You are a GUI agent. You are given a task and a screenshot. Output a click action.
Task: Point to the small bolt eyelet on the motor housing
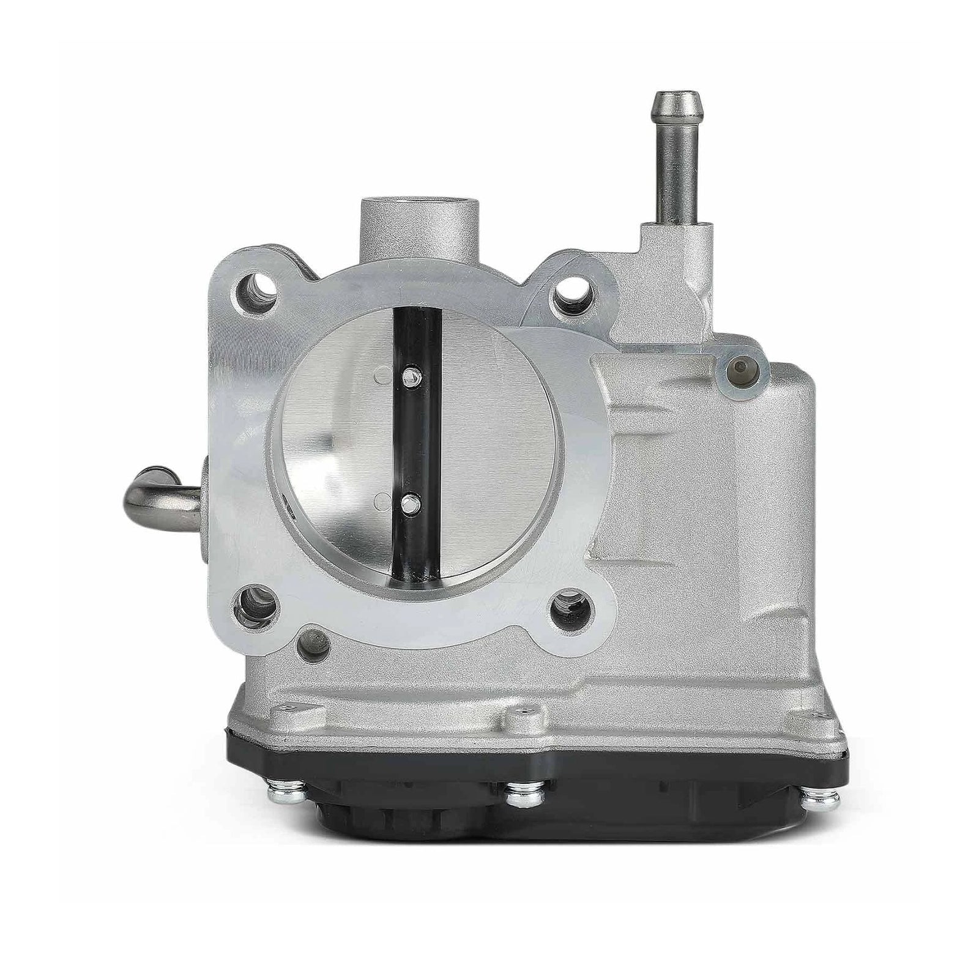[x=745, y=368]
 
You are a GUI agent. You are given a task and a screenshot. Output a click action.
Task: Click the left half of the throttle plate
[x=343, y=441]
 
